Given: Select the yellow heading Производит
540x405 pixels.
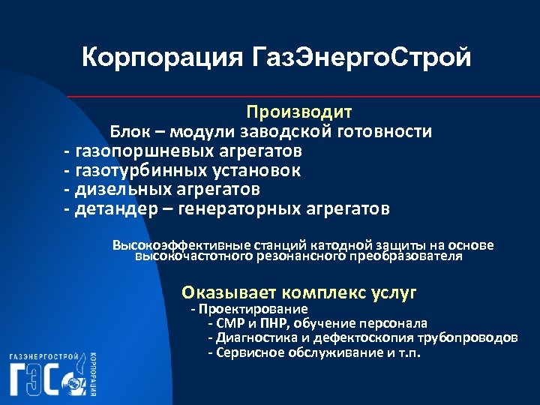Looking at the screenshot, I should (299, 112).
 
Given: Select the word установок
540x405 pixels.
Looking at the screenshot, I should (255, 170).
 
